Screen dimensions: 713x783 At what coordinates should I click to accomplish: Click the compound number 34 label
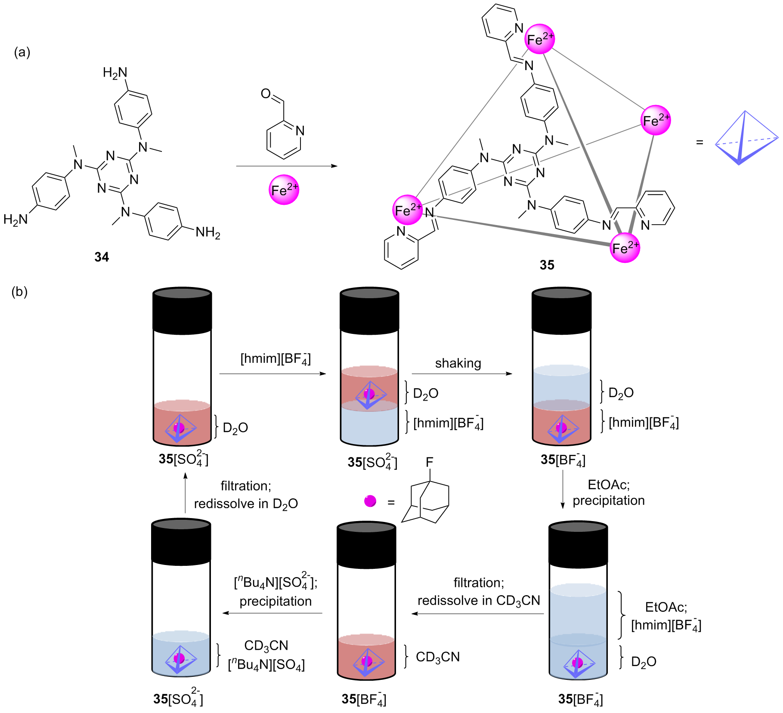pos(102,257)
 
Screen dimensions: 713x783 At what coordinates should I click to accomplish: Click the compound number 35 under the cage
pos(547,265)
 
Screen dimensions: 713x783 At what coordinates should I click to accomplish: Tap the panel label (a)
pos(22,52)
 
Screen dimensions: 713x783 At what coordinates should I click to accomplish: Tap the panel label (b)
pos(19,292)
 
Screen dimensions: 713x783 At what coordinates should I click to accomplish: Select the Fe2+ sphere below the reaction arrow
pos(284,190)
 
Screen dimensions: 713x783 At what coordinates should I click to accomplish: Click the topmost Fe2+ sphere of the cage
pos(540,39)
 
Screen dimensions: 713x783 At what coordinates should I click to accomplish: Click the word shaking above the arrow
pos(458,363)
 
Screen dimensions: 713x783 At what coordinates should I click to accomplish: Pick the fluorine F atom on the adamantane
pos(429,462)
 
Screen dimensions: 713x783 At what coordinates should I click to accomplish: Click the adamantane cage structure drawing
pos(426,501)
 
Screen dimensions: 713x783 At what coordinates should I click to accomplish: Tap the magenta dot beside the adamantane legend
pos(370,501)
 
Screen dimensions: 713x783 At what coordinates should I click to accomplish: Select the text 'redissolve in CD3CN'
pos(479,601)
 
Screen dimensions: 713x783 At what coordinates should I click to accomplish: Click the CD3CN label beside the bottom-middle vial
pos(438,657)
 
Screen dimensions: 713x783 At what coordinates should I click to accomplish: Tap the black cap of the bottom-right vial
pos(578,544)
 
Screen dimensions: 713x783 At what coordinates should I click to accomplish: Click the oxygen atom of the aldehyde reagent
pos(266,93)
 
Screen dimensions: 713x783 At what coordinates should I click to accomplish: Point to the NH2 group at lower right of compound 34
pos(208,233)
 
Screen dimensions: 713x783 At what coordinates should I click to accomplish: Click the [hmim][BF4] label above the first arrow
pos(275,359)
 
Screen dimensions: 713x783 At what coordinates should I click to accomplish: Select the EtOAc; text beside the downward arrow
pos(609,485)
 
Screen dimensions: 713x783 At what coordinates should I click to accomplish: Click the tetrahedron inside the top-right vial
pos(562,429)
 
